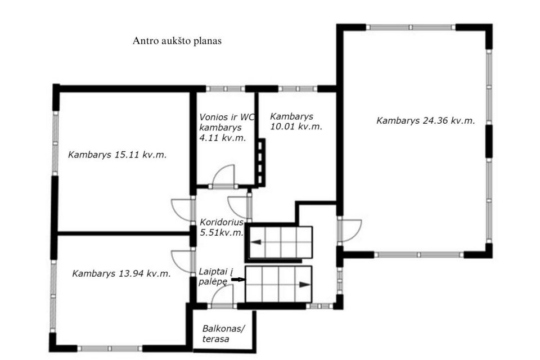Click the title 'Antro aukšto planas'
[x=177, y=41]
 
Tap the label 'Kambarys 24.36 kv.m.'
[x=426, y=120]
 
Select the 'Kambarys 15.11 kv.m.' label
[x=118, y=154]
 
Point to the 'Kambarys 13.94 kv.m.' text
[x=121, y=273]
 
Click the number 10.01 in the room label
[x=282, y=127]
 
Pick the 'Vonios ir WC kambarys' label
[x=227, y=122]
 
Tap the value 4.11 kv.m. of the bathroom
[x=223, y=138]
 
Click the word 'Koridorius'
[x=222, y=222]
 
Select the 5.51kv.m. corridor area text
[x=222, y=232]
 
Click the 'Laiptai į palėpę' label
[x=216, y=277]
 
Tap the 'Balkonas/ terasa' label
[x=223, y=334]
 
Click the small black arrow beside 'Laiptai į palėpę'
[x=238, y=280]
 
